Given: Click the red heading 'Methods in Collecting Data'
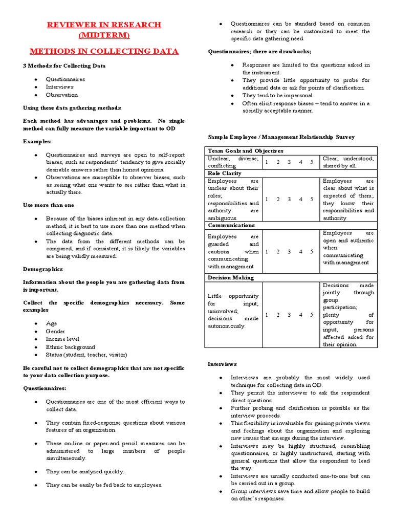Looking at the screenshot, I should (104, 51).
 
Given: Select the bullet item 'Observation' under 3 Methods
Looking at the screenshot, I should (62, 95).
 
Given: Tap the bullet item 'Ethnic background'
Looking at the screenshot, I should (71, 347).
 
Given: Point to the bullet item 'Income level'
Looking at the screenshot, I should (63, 339).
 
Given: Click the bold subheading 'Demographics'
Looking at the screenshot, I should (43, 269).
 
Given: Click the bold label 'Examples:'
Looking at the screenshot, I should (37, 141).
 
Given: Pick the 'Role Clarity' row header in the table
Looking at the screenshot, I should (225, 173).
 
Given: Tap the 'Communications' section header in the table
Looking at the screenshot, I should (231, 225).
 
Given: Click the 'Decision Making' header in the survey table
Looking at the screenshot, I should (230, 278).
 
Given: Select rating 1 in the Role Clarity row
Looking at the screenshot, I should (267, 199).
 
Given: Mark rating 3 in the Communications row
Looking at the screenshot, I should (289, 251).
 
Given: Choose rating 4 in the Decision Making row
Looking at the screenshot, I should (300, 315).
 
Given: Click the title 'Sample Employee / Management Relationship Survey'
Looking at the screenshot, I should (281, 137).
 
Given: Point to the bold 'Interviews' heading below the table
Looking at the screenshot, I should (222, 364).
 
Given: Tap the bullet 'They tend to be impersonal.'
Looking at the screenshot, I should (278, 95).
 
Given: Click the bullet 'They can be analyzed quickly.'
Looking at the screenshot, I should (85, 471).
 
